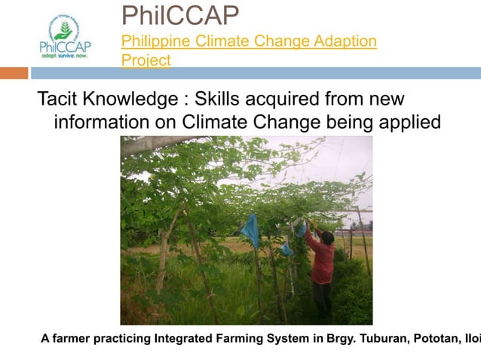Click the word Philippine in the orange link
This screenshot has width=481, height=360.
coord(155,41)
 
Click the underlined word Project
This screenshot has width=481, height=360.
coord(146,59)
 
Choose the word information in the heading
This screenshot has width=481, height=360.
coord(103,121)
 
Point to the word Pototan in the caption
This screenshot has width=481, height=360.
coord(437,338)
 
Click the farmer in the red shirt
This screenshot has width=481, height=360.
coord(323,264)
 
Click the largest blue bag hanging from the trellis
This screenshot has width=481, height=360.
coord(252,230)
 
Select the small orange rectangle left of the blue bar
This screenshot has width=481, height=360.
coord(14,73)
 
